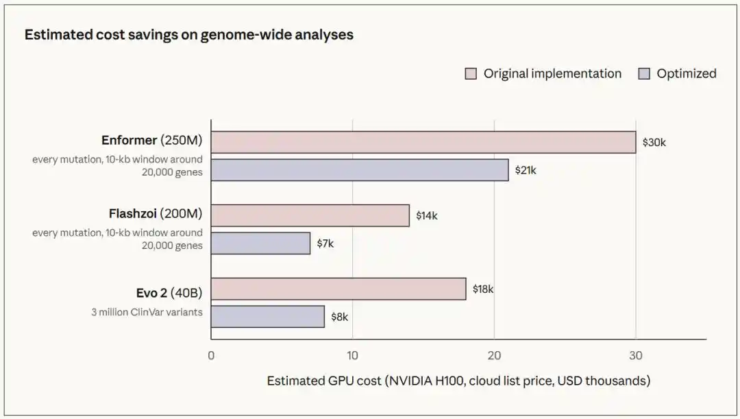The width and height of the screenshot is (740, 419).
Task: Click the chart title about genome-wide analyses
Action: pos(189,35)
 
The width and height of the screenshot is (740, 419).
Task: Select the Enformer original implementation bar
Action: pos(423,142)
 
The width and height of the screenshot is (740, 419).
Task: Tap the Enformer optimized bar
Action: pos(360,170)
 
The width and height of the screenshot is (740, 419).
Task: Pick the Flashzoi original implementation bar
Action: pos(310,215)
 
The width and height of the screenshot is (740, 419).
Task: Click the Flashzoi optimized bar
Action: pos(260,243)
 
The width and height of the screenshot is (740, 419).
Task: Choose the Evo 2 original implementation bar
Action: pos(338,289)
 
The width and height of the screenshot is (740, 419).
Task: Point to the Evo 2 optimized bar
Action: pos(268,317)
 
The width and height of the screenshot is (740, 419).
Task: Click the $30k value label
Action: pos(654,143)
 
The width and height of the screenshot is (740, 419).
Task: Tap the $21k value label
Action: pos(526,170)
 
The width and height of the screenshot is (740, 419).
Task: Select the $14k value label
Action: pos(427,216)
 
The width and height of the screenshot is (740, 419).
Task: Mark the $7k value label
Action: pos(325,243)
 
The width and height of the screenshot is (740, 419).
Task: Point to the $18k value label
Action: pos(483,289)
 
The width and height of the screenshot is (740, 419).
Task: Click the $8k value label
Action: pos(339,317)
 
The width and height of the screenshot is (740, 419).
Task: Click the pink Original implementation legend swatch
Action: pos(471,73)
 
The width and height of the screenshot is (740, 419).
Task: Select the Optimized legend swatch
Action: pos(644,73)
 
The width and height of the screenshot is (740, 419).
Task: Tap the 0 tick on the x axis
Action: pos(211,356)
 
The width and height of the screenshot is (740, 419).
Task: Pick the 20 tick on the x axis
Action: pos(494,356)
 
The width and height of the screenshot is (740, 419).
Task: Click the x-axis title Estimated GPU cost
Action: pos(458,381)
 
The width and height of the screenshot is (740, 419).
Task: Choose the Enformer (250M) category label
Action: pos(151,141)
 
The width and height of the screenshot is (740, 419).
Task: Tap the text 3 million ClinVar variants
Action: pos(147,312)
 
